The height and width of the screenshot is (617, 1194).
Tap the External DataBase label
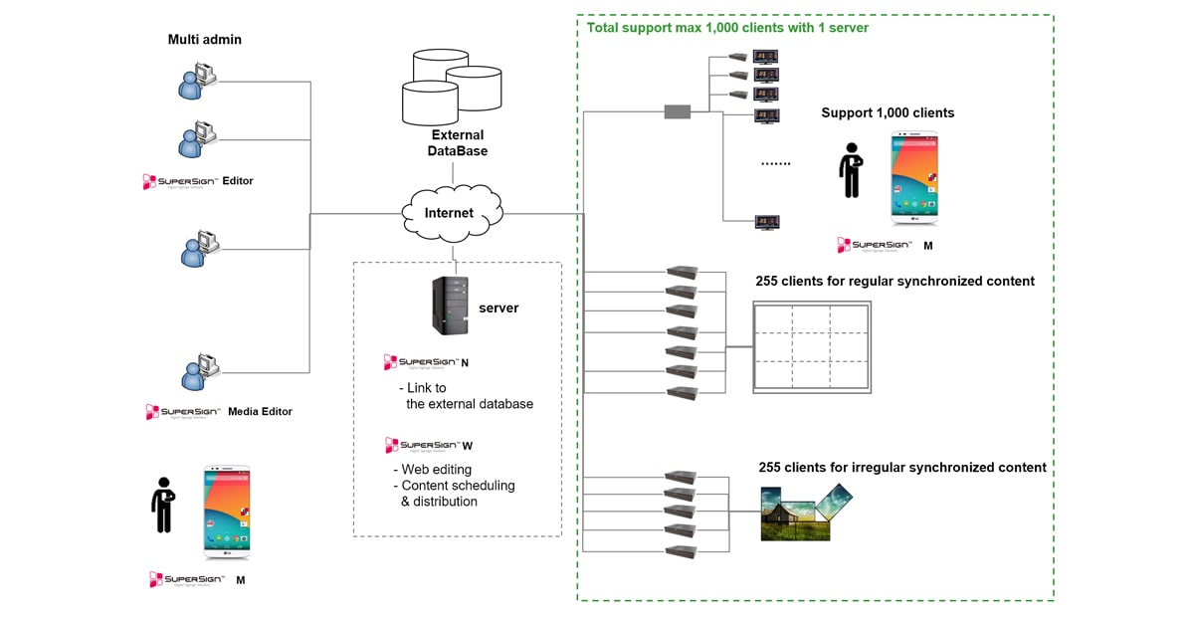458,142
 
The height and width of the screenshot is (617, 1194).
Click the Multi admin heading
205,40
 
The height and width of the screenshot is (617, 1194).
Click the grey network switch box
678,111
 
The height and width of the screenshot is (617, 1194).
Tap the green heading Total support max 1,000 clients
727,28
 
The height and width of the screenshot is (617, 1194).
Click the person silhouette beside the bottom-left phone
163,506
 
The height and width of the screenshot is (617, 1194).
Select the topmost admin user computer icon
196,81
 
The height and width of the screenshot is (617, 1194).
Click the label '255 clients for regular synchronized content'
895,282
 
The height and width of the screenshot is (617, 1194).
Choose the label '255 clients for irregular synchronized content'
902,467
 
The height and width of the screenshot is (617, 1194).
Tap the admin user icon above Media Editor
196,372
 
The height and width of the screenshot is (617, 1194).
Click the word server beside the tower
498,308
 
